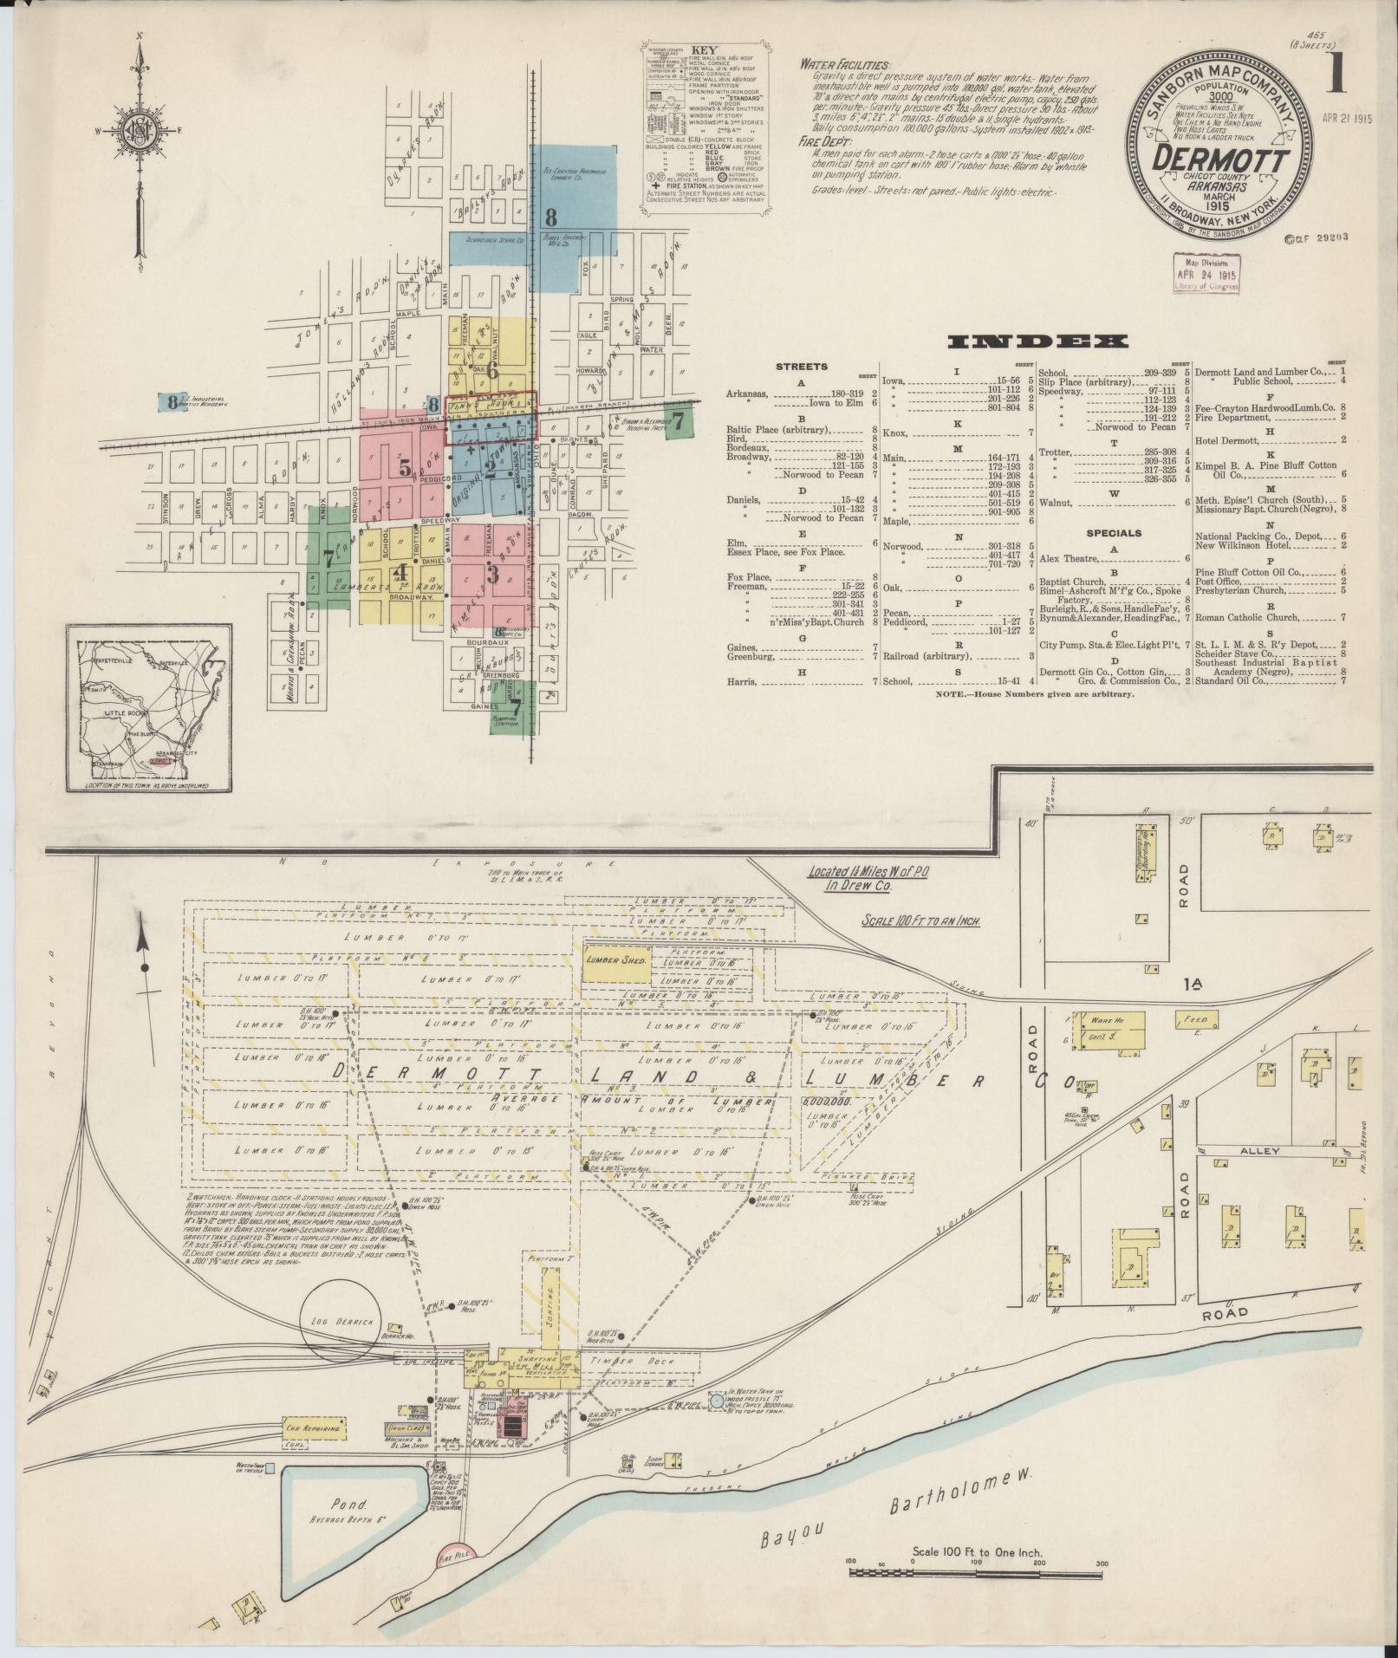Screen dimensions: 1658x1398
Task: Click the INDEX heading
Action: tap(1039, 342)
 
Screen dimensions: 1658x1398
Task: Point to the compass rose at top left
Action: tap(139, 130)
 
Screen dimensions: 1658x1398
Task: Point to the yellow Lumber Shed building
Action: tap(615, 961)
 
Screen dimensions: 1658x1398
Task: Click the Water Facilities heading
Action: tap(844, 64)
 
